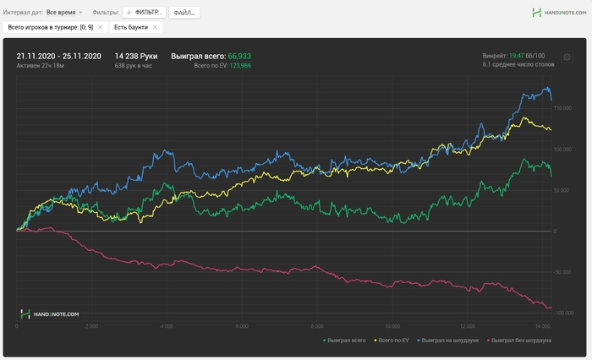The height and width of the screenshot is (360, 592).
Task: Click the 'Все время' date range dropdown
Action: click(x=64, y=13)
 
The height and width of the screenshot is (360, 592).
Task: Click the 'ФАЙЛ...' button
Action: click(x=184, y=13)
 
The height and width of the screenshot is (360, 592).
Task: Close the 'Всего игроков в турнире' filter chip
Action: click(x=100, y=28)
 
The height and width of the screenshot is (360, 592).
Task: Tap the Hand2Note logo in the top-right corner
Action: click(x=560, y=13)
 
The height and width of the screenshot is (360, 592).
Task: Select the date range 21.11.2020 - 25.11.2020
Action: click(x=58, y=56)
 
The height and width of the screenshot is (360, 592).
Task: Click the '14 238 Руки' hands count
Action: click(x=136, y=56)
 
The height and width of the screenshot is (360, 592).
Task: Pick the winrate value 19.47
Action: click(x=516, y=56)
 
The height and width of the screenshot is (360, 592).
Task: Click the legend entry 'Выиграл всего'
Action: click(x=346, y=340)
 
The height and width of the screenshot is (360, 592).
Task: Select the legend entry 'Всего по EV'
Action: click(x=391, y=340)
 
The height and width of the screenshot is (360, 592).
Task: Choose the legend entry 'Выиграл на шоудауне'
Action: click(x=449, y=340)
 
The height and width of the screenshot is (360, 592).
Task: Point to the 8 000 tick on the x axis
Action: click(x=316, y=325)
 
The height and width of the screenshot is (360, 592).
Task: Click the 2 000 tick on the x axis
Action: click(x=92, y=325)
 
